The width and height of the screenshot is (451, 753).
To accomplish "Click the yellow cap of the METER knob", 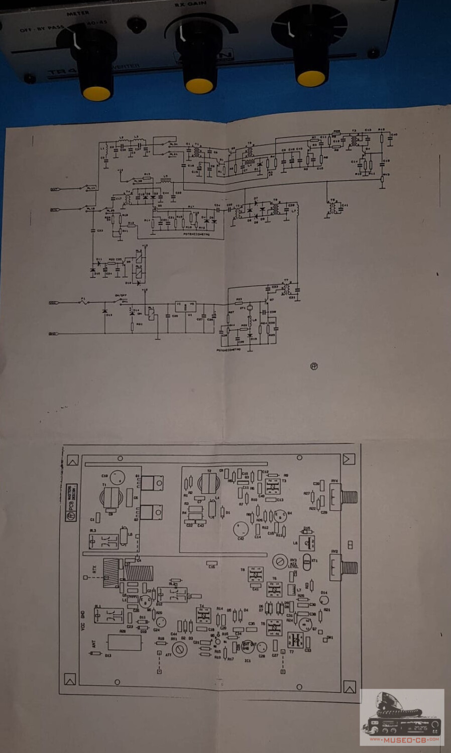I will pyautogui.click(x=96, y=93).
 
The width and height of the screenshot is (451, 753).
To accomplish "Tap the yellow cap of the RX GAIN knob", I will pyautogui.click(x=199, y=86).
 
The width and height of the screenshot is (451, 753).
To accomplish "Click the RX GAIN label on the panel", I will pyautogui.click(x=190, y=4).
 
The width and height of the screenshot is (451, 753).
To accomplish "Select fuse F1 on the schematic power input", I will pyautogui.click(x=83, y=302).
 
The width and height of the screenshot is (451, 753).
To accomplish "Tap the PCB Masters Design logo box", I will pyautogui.click(x=72, y=503).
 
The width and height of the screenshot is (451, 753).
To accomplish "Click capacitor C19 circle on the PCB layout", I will pyautogui.click(x=117, y=476).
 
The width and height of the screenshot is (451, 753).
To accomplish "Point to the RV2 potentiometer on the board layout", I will pyautogui.click(x=335, y=567).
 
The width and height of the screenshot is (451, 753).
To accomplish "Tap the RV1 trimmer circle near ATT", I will pyautogui.click(x=179, y=650).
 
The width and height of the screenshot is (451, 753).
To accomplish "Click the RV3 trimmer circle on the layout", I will pyautogui.click(x=279, y=562).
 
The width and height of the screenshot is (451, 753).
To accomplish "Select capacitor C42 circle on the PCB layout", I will pyautogui.click(x=241, y=529).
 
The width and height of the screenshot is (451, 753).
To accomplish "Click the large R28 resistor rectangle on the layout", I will pyautogui.click(x=124, y=643).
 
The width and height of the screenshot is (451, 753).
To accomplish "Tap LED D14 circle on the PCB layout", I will pyautogui.click(x=324, y=600).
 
